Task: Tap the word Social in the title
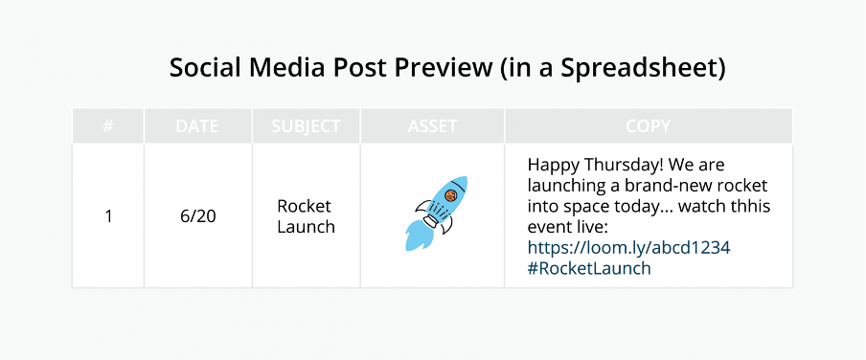(x=202, y=69)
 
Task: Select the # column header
(x=108, y=126)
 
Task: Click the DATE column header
(x=197, y=126)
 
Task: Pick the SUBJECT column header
(x=306, y=126)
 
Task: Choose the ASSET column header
(x=432, y=126)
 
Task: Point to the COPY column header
(x=648, y=126)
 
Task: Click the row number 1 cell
(x=108, y=216)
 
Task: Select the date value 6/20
(x=197, y=216)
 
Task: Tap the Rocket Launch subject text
(x=306, y=216)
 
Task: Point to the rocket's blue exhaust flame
(x=419, y=236)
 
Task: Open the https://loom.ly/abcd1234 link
(x=628, y=247)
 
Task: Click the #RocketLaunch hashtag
(x=588, y=268)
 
